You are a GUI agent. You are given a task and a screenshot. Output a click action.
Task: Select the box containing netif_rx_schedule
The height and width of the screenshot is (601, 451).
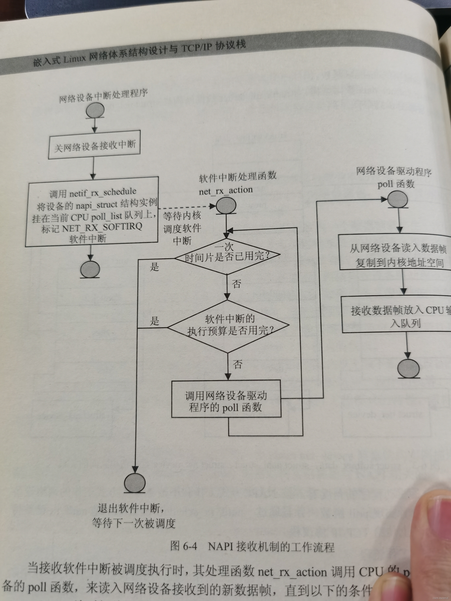92,212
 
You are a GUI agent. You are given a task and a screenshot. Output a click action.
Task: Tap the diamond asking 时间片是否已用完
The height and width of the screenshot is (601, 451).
227,256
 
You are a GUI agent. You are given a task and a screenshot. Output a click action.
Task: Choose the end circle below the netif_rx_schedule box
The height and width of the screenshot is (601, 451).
90,269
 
